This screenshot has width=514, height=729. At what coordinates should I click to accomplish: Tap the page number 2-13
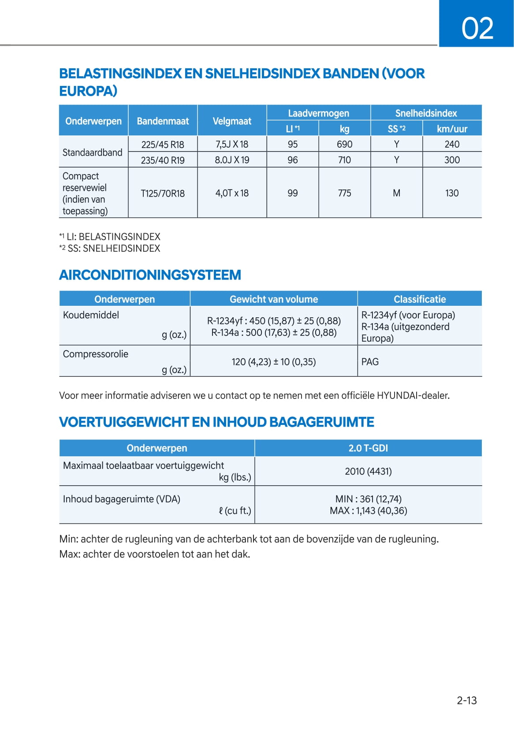click(466, 700)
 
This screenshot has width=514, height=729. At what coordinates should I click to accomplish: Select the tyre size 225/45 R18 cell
click(163, 145)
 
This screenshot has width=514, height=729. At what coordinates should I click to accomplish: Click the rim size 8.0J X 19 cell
click(232, 160)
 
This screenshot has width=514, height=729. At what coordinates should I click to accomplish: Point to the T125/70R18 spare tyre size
click(163, 193)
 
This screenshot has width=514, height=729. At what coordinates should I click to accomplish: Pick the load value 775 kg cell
click(344, 193)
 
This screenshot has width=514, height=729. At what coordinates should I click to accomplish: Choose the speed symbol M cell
click(396, 193)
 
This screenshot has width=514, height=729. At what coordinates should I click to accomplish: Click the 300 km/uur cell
click(452, 160)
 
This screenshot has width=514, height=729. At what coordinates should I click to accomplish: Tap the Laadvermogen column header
click(318, 113)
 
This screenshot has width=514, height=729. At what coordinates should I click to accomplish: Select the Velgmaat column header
click(232, 121)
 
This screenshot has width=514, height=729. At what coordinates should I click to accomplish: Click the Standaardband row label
click(93, 152)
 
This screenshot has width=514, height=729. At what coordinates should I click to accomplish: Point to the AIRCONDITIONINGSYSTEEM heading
click(150, 275)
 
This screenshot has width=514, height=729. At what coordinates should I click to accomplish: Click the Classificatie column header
click(420, 299)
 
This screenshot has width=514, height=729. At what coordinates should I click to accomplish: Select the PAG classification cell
click(370, 362)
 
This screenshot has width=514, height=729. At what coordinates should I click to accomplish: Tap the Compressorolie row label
click(96, 354)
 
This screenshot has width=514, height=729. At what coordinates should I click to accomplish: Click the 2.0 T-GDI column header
click(368, 448)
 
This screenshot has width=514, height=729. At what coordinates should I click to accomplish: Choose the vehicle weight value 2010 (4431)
click(368, 471)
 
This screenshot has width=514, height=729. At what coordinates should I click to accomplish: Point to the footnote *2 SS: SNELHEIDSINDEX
click(110, 249)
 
